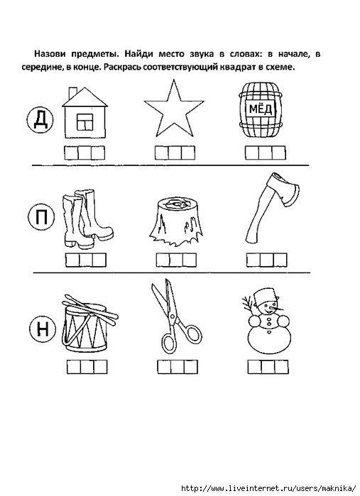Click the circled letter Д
(x=40, y=120)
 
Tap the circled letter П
(x=41, y=217)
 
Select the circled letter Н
(x=43, y=329)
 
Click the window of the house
(x=85, y=122)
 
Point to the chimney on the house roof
(x=73, y=93)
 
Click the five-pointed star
(x=174, y=109)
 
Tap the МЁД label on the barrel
(x=261, y=109)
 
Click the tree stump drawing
(x=176, y=221)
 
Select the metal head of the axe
(x=283, y=189)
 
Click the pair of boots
(x=87, y=219)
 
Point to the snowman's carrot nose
(x=276, y=307)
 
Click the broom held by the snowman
(x=249, y=305)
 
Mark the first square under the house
(x=71, y=153)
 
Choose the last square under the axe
(x=280, y=260)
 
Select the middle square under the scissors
(x=178, y=367)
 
